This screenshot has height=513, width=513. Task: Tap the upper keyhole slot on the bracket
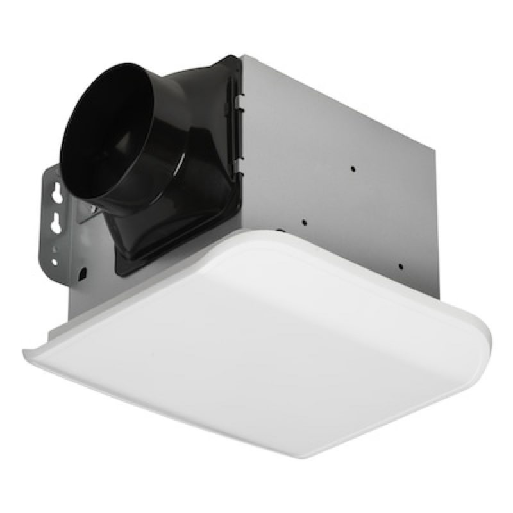56,192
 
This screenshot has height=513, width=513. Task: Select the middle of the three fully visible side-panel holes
303,223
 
